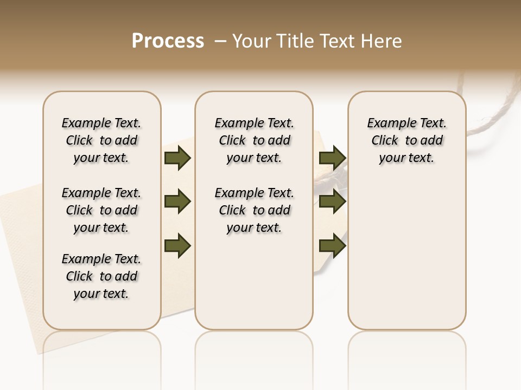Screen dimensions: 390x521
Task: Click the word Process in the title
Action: click(x=168, y=41)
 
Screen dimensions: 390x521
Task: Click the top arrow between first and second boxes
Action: click(x=177, y=158)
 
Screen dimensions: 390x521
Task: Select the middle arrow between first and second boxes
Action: click(x=177, y=201)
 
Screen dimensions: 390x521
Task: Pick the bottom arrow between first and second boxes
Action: click(x=177, y=245)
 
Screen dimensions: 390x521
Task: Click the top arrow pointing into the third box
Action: click(x=332, y=158)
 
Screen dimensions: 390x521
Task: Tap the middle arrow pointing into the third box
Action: click(x=332, y=201)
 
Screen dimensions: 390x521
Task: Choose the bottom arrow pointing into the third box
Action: click(x=332, y=245)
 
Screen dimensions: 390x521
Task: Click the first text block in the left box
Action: click(x=101, y=140)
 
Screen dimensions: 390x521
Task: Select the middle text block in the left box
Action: click(x=101, y=210)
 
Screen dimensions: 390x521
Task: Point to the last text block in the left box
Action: click(x=101, y=276)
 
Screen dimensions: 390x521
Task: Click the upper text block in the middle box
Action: click(x=254, y=140)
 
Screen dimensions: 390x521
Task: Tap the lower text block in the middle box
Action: click(x=254, y=210)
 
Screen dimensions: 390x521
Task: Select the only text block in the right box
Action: click(x=406, y=140)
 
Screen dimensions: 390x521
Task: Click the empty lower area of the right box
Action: click(x=406, y=255)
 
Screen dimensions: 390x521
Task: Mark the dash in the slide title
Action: click(x=220, y=41)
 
